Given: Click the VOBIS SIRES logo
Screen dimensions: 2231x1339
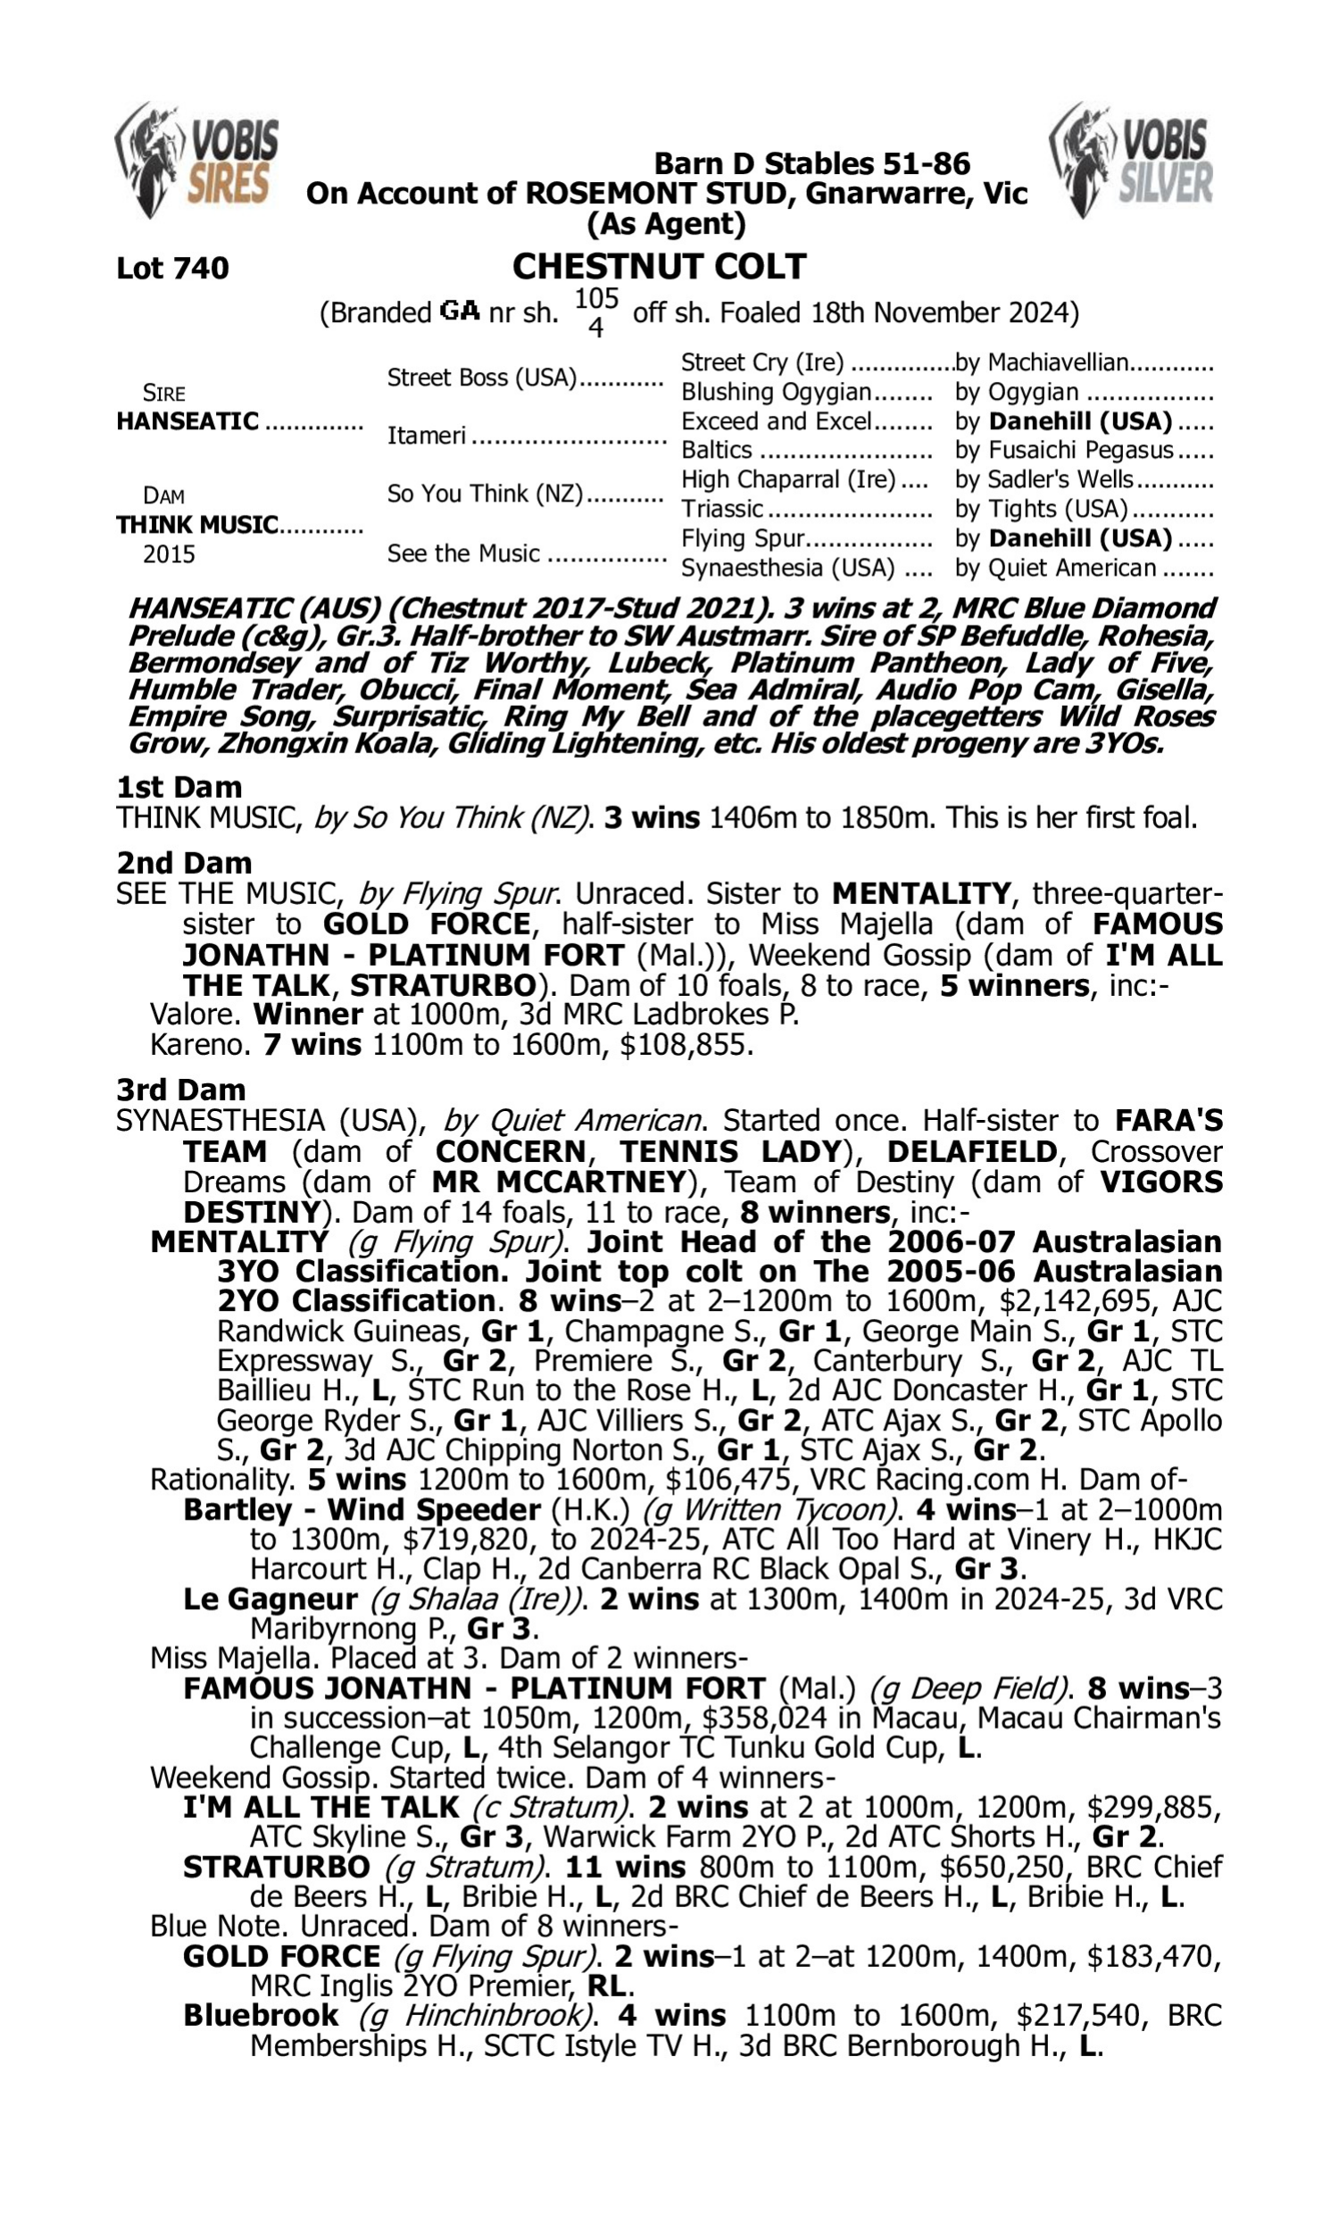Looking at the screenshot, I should click(x=196, y=161).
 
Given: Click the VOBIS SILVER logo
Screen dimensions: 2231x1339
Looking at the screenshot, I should click(x=1131, y=161).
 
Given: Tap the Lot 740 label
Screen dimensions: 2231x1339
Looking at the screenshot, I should click(x=172, y=268).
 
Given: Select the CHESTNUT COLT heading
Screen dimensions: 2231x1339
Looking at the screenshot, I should click(x=659, y=267).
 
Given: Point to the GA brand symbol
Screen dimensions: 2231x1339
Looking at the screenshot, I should click(x=459, y=312).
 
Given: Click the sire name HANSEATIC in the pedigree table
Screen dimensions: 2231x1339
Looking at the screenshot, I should click(x=187, y=421).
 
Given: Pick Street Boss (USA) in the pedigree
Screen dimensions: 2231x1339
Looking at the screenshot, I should click(x=482, y=377).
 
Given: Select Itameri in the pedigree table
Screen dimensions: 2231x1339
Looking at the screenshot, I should click(x=427, y=435).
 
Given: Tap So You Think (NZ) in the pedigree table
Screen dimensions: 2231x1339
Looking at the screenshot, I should click(x=486, y=493).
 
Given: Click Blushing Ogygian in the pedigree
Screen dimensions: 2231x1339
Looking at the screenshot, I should click(x=776, y=393).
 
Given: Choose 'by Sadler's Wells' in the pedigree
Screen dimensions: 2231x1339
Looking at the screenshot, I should click(x=1044, y=479).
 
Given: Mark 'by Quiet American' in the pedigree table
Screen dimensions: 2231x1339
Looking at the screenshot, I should click(x=1056, y=568).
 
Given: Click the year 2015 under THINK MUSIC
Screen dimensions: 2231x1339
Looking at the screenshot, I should click(x=169, y=553).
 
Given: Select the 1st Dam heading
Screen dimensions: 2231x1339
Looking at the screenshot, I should click(x=179, y=787).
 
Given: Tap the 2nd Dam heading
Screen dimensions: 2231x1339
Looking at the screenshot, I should click(x=183, y=863).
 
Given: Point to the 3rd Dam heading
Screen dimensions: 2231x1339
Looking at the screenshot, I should click(x=180, y=1090).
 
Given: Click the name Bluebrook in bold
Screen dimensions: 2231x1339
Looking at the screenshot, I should click(x=260, y=2014).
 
